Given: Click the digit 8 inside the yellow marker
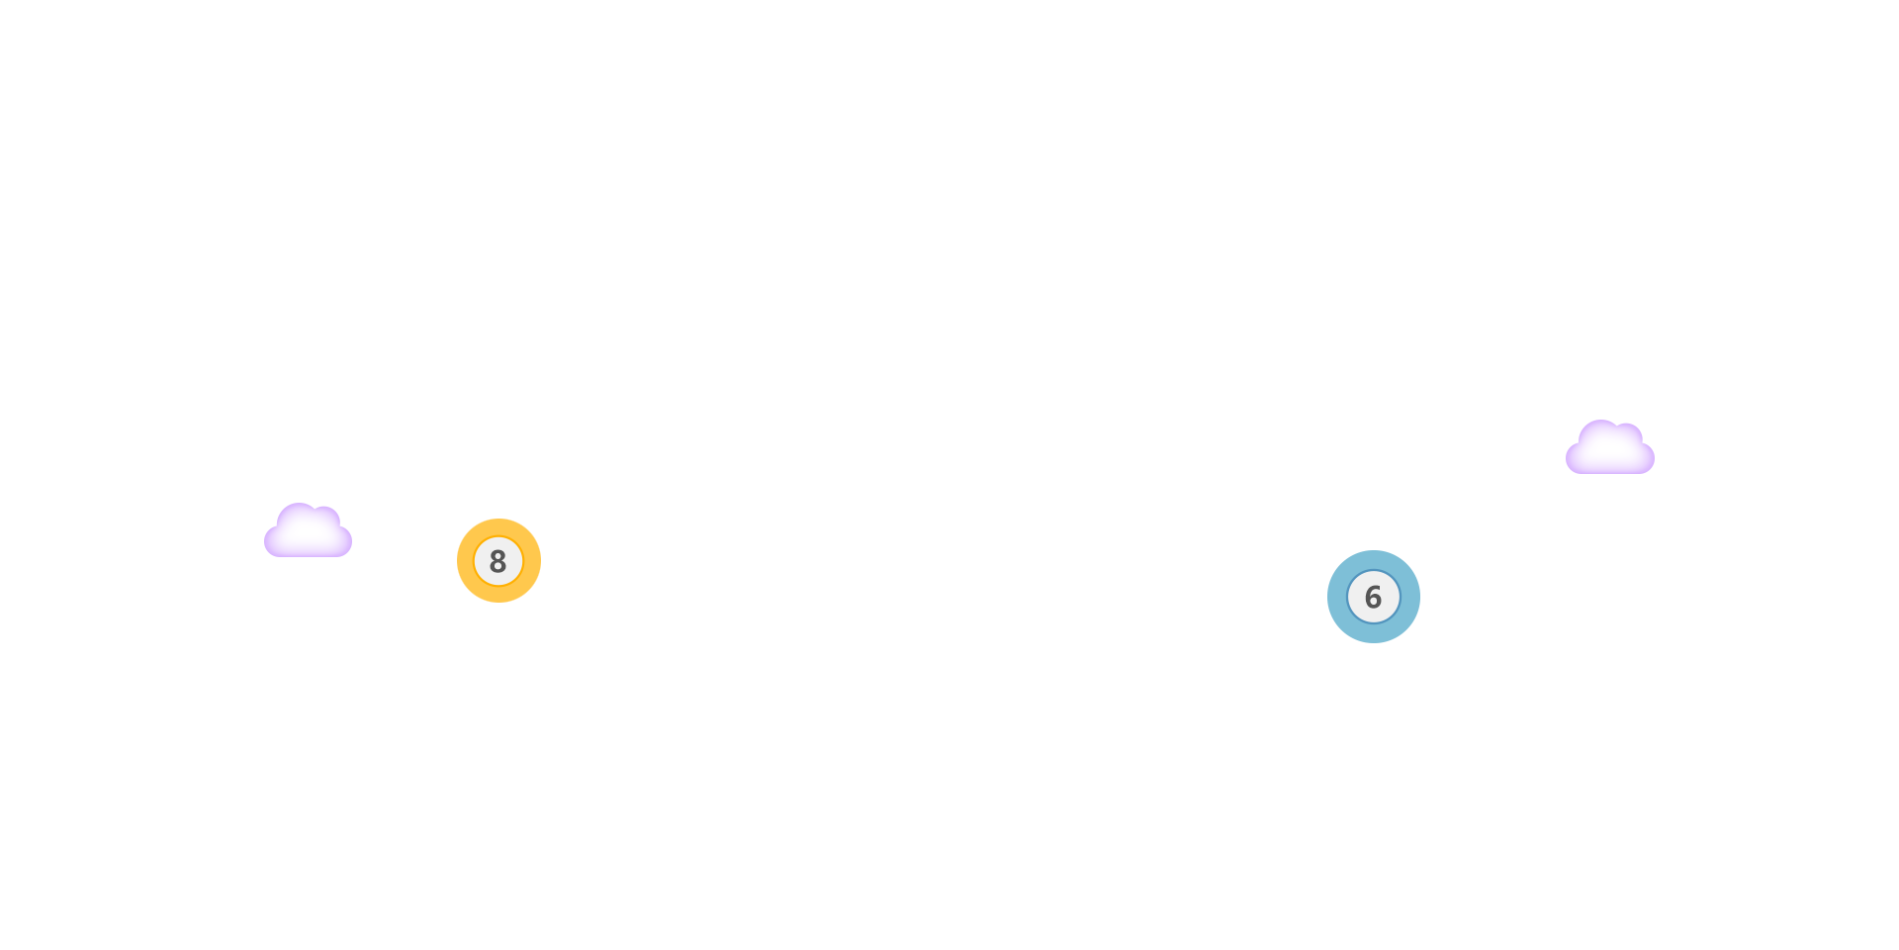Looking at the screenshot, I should [498, 561].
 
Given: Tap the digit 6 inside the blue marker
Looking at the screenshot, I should [1373, 597].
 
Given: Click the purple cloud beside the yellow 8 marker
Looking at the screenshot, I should [308, 531].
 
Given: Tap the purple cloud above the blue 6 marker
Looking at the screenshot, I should [1608, 449].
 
